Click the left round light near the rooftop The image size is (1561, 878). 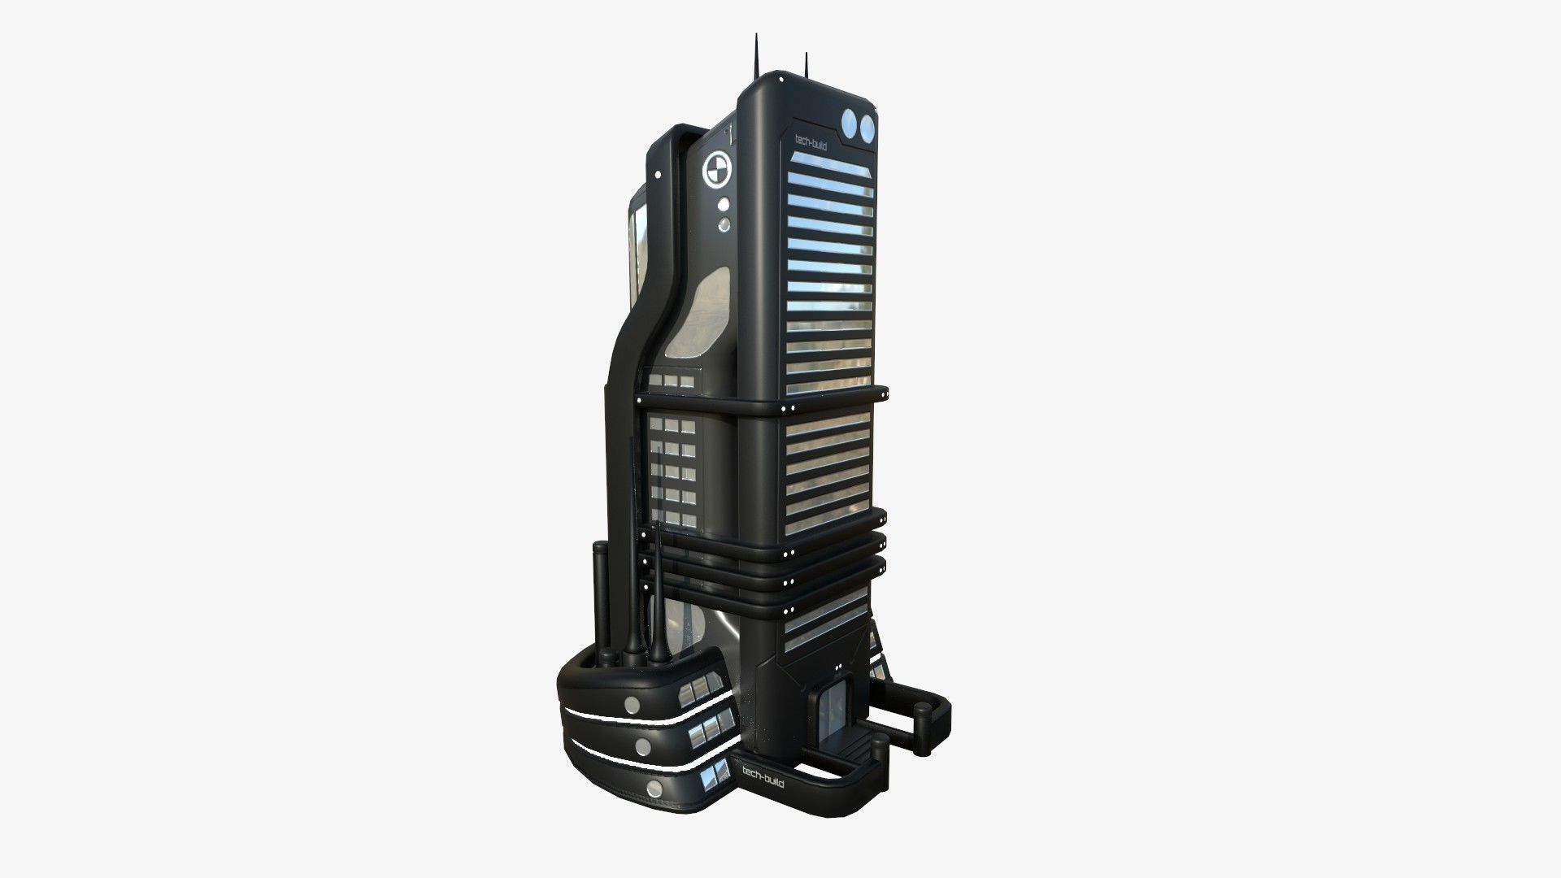point(850,126)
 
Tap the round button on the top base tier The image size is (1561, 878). point(631,703)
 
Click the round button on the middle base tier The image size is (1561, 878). point(640,746)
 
